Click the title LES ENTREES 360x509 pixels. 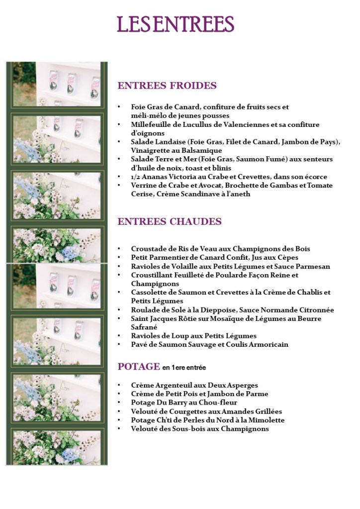[x=176, y=24]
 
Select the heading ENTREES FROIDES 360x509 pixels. [x=167, y=86]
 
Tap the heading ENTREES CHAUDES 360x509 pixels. [x=170, y=221]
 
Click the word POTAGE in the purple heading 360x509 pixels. [x=139, y=367]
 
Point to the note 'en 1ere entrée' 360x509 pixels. [x=184, y=368]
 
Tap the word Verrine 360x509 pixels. [x=144, y=186]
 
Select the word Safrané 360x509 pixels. [x=144, y=327]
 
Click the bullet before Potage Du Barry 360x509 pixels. [x=119, y=403]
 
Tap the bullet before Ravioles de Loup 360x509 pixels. [x=119, y=336]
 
